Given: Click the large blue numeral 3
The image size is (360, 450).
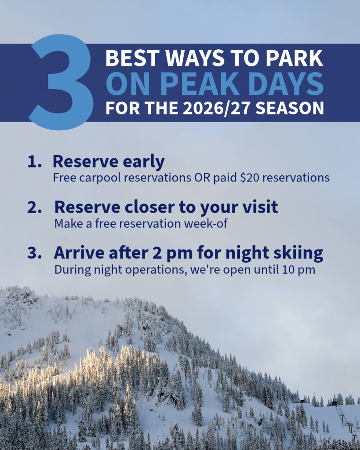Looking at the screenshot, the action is coord(62,82).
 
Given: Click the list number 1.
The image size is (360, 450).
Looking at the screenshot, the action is coord(34,162).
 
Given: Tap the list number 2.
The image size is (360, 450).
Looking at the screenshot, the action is coord(34,207).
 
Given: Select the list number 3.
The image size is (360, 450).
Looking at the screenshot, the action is coord(34,253).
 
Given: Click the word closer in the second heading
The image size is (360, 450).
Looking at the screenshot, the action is coord(149,207).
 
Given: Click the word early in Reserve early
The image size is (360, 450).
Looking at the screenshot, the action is coord(144,162).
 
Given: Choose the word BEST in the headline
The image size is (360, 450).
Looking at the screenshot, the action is coord(132,58).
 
